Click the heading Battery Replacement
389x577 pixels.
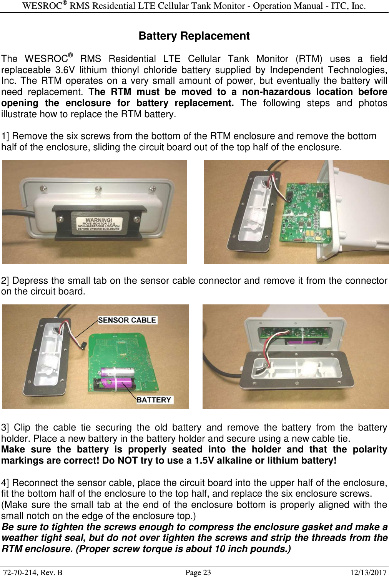point(194,36)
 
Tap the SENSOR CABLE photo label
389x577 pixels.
point(127,320)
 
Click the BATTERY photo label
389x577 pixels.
point(154,400)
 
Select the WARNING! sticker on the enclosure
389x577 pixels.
point(99,224)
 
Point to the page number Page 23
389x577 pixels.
point(198,572)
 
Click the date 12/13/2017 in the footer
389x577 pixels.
point(368,572)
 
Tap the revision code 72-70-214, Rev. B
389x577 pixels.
point(33,572)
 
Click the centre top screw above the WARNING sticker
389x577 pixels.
point(98,189)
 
